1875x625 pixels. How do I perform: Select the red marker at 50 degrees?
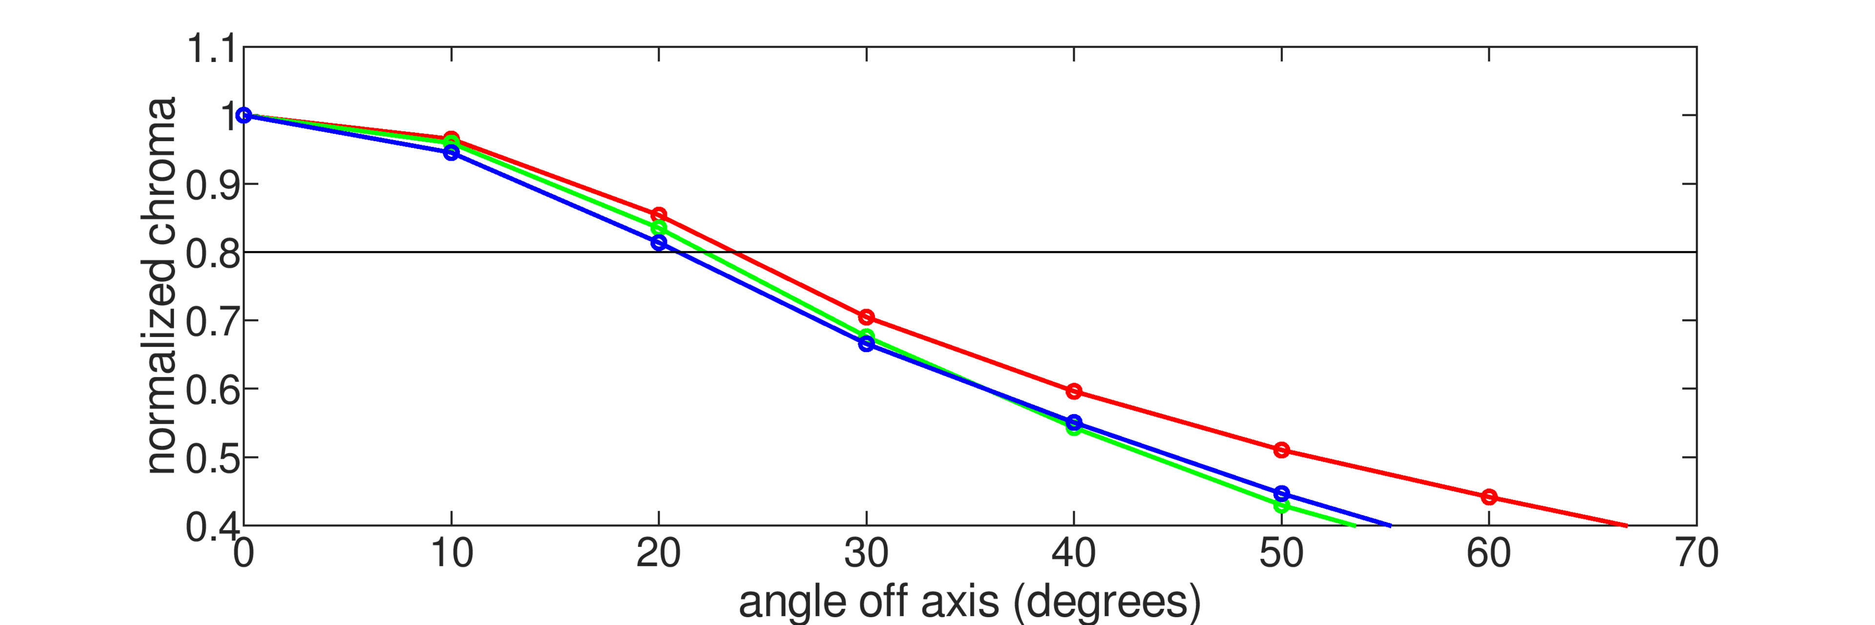coord(1282,450)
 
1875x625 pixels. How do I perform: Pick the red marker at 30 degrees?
coord(866,316)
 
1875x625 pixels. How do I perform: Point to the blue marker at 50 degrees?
coord(1282,493)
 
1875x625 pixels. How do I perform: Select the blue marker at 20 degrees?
coord(659,242)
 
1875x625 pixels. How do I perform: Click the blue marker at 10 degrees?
coord(451,153)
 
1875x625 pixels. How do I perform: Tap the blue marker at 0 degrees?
coord(244,115)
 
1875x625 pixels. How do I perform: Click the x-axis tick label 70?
coord(1697,553)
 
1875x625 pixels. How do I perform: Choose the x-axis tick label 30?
coord(866,553)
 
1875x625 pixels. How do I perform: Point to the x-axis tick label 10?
coord(451,553)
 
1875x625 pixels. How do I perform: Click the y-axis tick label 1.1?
coord(211,49)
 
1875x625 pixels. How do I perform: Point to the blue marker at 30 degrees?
coord(866,343)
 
